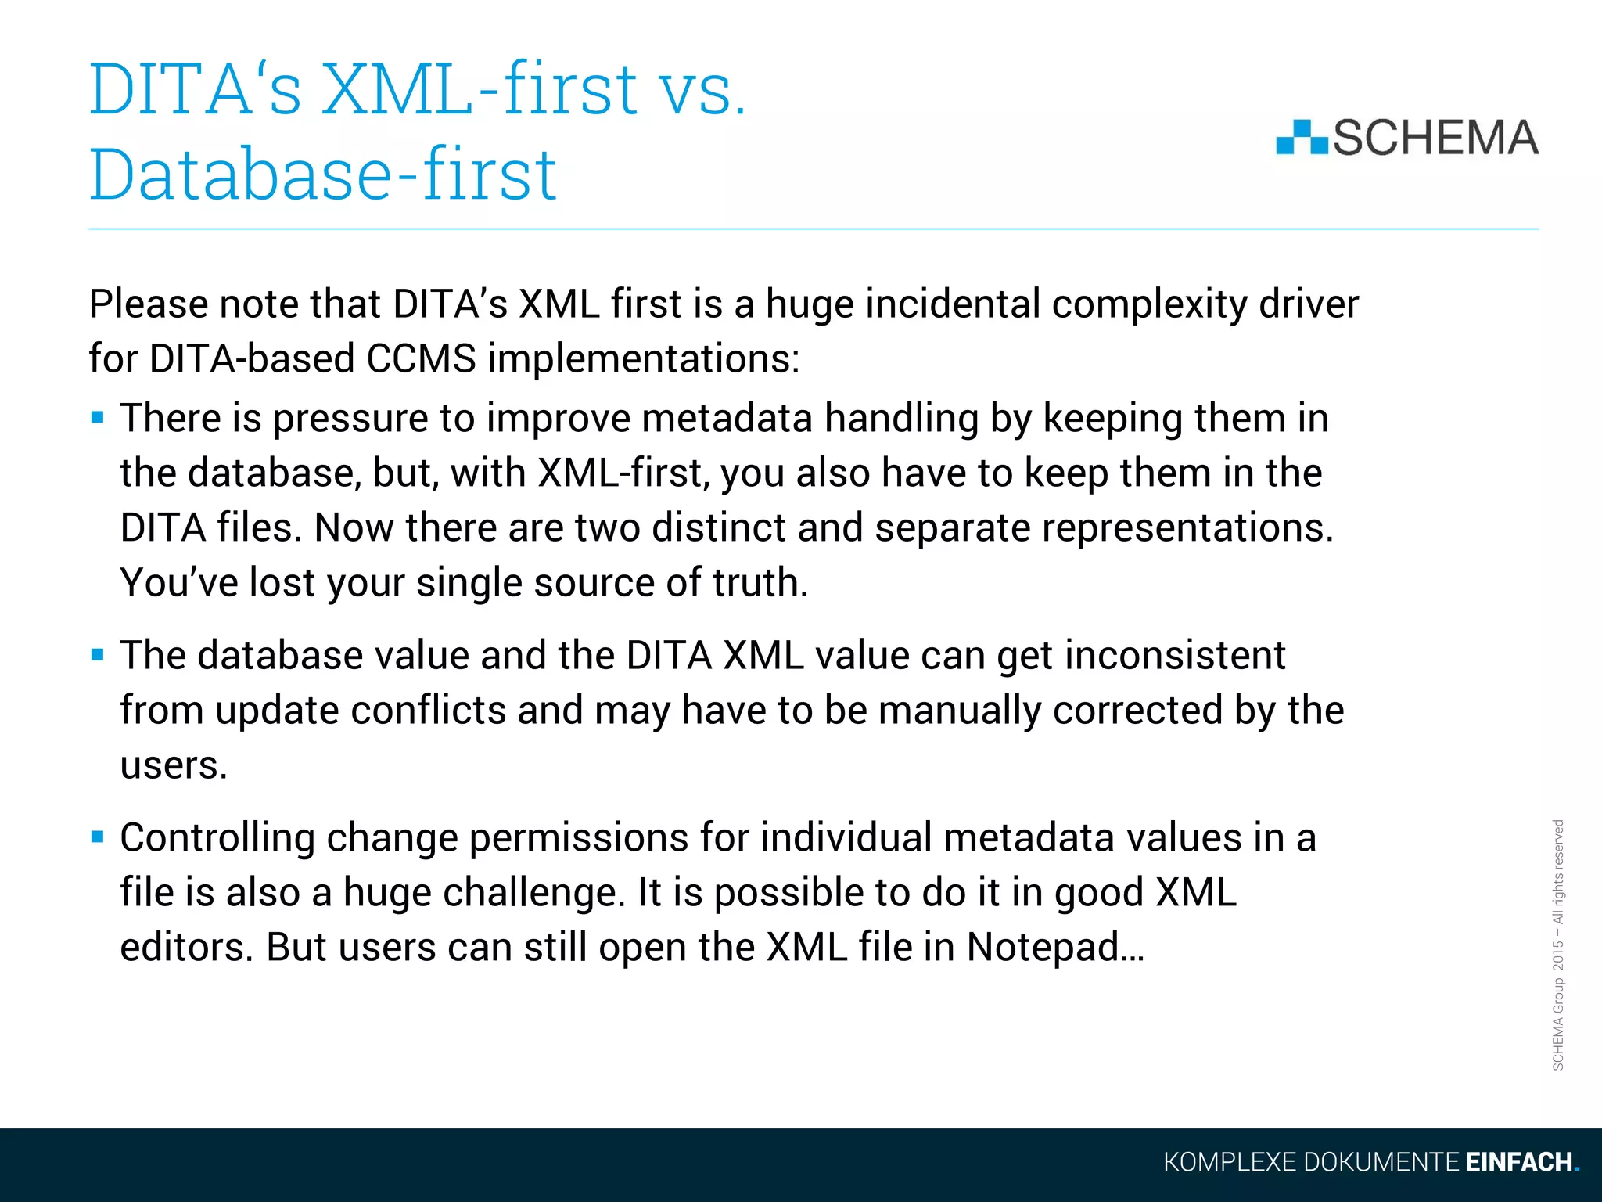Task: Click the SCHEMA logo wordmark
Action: pyautogui.click(x=1435, y=138)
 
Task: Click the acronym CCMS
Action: pyautogui.click(x=421, y=358)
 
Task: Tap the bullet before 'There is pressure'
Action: pyautogui.click(x=98, y=417)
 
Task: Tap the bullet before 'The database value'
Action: pyautogui.click(x=98, y=654)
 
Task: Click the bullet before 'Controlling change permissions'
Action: pyautogui.click(x=98, y=837)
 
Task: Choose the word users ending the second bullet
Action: pyautogui.click(x=172, y=765)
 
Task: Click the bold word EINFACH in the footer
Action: pyautogui.click(x=1518, y=1162)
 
